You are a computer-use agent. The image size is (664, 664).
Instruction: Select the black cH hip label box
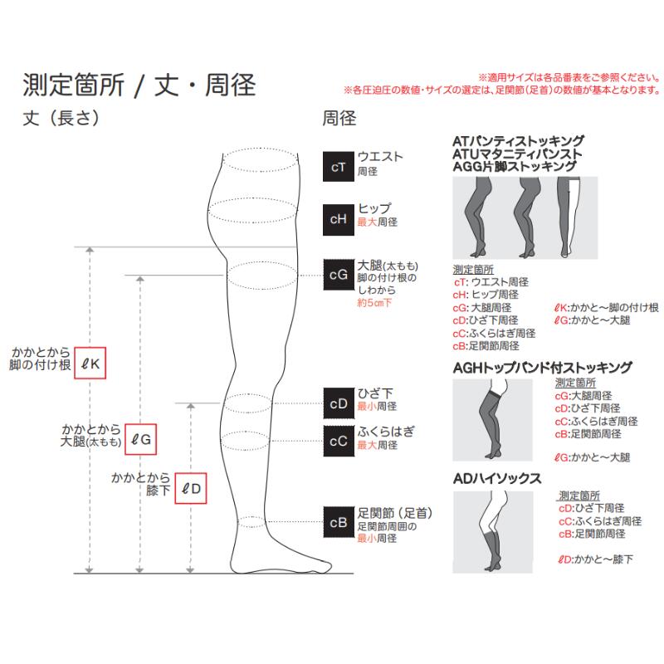tap(338, 218)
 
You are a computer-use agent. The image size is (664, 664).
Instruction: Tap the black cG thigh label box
tap(338, 275)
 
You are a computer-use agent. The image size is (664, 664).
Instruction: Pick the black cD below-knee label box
tap(338, 404)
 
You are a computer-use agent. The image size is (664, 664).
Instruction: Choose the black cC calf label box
tap(338, 441)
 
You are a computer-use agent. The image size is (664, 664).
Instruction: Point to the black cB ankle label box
tap(338, 523)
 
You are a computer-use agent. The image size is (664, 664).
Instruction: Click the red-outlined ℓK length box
tap(91, 362)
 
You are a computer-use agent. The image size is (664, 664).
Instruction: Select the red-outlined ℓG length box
tap(140, 439)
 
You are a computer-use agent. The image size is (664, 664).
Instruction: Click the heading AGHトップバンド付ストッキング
tap(543, 367)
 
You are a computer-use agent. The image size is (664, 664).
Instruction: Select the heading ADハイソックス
tap(498, 478)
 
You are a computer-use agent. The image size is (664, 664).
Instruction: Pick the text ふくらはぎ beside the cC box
tap(385, 432)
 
